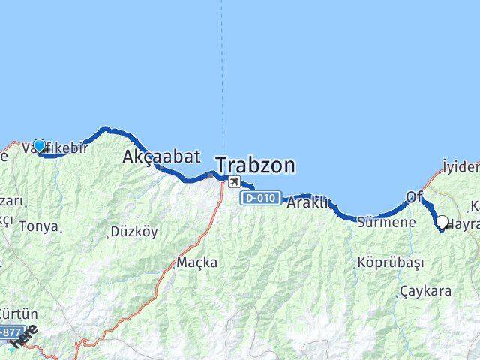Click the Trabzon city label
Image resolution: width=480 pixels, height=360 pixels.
tap(255, 165)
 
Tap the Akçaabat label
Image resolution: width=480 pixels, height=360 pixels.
tap(161, 157)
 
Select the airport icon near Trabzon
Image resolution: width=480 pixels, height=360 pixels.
tap(235, 182)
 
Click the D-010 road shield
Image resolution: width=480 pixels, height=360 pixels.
tap(261, 199)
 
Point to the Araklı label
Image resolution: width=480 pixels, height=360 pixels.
tap(308, 202)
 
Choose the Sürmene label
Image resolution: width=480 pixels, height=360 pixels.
tap(386, 223)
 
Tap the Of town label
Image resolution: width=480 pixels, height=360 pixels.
tap(414, 196)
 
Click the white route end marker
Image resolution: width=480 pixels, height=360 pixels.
tap(442, 222)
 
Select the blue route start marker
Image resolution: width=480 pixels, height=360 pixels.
tap(39, 145)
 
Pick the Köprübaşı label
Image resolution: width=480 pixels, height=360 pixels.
tap(389, 263)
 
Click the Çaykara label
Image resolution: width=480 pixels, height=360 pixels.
tap(425, 290)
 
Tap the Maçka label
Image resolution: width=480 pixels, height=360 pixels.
tap(197, 262)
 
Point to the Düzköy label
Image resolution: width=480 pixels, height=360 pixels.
tap(133, 232)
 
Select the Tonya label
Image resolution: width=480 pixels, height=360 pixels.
tap(38, 226)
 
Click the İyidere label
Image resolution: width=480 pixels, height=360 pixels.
tap(460, 166)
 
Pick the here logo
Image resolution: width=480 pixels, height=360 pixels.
tap(24, 338)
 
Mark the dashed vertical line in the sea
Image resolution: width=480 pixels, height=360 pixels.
tap(222, 75)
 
